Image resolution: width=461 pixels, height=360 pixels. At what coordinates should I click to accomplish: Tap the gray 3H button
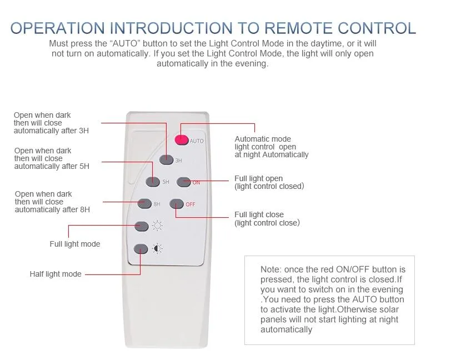coord(166,159)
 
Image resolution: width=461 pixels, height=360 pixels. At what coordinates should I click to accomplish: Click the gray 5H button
coord(152,181)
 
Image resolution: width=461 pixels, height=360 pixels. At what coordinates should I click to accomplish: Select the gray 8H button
coord(144,203)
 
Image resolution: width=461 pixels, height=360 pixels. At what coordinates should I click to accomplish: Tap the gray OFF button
coord(176,204)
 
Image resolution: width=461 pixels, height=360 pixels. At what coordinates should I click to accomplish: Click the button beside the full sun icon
coord(142,226)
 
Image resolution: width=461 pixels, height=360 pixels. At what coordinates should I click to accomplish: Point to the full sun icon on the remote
coord(158,226)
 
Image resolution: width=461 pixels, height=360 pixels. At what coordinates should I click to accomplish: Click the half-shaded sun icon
coord(158,249)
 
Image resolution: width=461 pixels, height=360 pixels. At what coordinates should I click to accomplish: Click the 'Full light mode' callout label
coord(75,244)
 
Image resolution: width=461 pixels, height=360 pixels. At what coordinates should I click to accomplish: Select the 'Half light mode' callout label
coord(56,274)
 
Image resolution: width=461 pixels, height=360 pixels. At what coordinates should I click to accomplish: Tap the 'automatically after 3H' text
coord(51,131)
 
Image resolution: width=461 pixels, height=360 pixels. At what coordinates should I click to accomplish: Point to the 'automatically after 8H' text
coord(52,209)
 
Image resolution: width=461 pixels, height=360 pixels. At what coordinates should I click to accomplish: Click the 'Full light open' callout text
coord(258,178)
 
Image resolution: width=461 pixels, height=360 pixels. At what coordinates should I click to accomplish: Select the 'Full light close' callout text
coord(259,214)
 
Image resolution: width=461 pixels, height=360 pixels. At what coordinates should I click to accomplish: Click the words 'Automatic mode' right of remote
coord(263,139)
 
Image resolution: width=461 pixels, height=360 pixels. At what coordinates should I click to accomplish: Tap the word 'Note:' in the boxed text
coord(270,269)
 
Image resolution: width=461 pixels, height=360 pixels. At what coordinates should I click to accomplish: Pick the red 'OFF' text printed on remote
coord(190,204)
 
